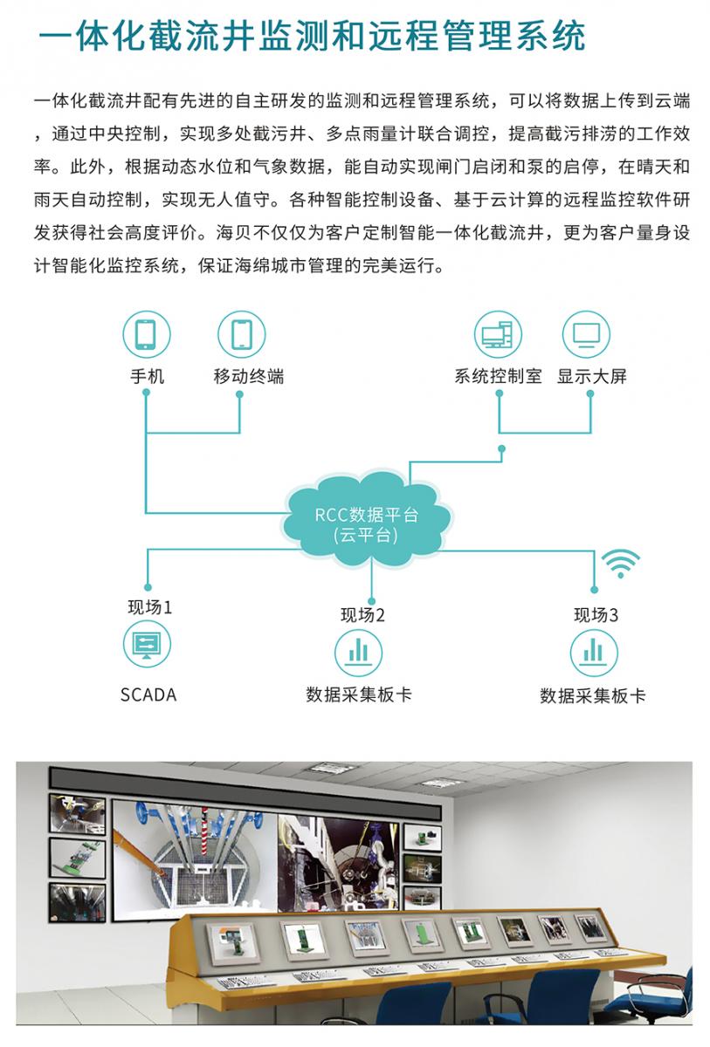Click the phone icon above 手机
pos(146,335)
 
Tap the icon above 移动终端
pos(240,335)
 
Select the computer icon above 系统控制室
pos(498,335)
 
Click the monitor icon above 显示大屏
pos(586,335)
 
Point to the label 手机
pos(147,377)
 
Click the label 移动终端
pos(248,377)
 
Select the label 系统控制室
pos(498,377)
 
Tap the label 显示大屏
pos(592,377)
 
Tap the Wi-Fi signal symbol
pos(623,565)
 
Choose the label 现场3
pos(596,615)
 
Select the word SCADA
pos(148,695)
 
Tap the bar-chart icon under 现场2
pos(359,652)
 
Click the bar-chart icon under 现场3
pos(594,653)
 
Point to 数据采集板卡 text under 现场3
pos(593,696)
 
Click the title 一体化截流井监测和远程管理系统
pos(313,37)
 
